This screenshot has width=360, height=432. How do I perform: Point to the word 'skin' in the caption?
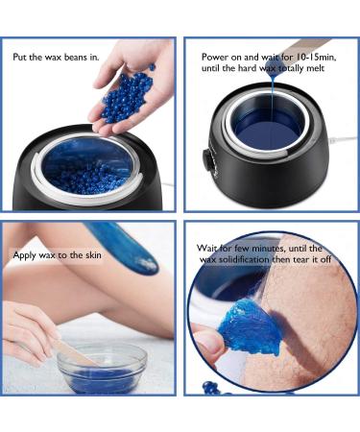point(93,255)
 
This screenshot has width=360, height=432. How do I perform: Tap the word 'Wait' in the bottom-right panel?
point(205,248)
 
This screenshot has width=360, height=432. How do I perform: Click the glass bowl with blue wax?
point(102,369)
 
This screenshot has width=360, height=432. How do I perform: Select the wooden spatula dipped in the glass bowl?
point(71,350)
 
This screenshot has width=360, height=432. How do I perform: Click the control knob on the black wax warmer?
point(206,160)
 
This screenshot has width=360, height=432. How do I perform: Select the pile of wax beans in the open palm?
point(128,94)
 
